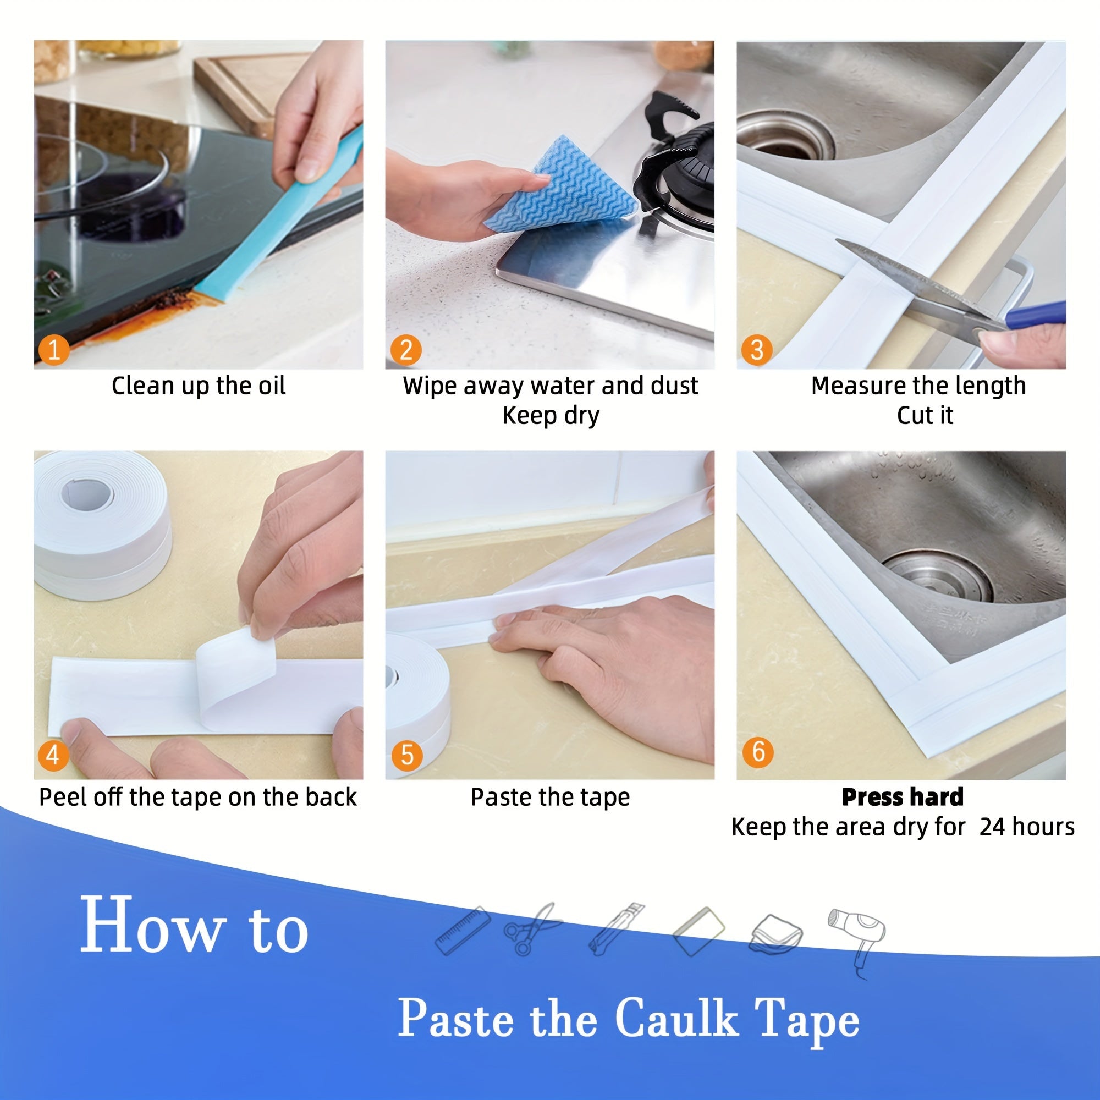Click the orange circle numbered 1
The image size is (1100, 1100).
(x=53, y=350)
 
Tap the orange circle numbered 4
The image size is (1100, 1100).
(x=53, y=756)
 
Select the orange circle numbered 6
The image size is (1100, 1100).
(x=758, y=752)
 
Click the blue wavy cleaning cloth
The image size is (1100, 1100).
(x=561, y=185)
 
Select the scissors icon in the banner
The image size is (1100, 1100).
(x=532, y=929)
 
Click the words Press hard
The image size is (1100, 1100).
(x=903, y=797)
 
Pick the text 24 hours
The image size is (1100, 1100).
(x=1026, y=827)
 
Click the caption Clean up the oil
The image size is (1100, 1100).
(x=198, y=386)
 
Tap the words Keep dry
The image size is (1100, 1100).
(x=551, y=416)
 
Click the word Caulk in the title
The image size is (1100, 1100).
(x=676, y=1018)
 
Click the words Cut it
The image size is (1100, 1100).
(x=925, y=416)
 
